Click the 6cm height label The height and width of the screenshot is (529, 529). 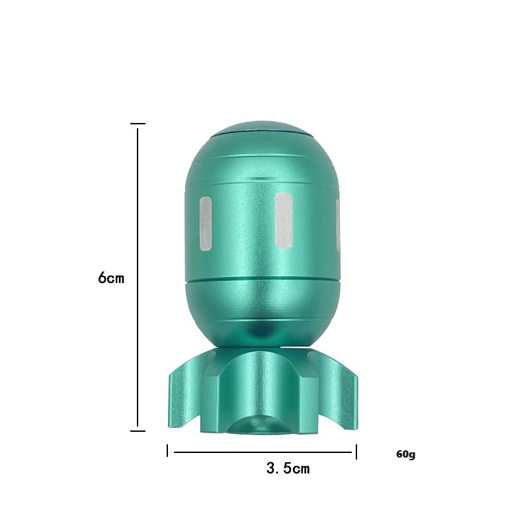click(111, 278)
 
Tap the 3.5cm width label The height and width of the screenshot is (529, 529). click(288, 468)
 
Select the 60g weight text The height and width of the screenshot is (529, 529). click(406, 454)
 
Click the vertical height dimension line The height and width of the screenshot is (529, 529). click(138, 277)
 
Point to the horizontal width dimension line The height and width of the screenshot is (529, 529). click(263, 452)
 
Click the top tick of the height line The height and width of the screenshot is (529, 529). click(138, 124)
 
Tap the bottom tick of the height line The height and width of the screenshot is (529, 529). click(138, 431)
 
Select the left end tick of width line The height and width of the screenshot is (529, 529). click(167, 451)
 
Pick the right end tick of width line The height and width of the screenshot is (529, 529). click(356, 452)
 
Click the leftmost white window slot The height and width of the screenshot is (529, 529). click(206, 224)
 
